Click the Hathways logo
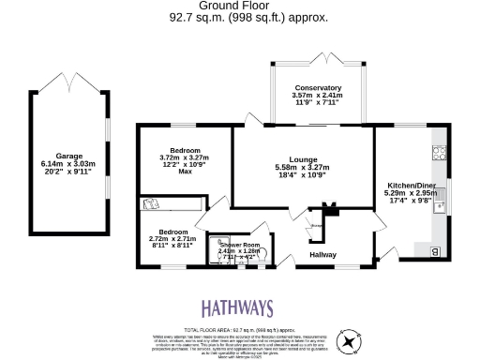tap(239, 308)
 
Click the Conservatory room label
tap(316, 88)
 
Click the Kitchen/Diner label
tap(412, 187)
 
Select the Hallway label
tap(322, 254)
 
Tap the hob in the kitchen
tap(438, 151)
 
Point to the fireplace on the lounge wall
tap(329, 208)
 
